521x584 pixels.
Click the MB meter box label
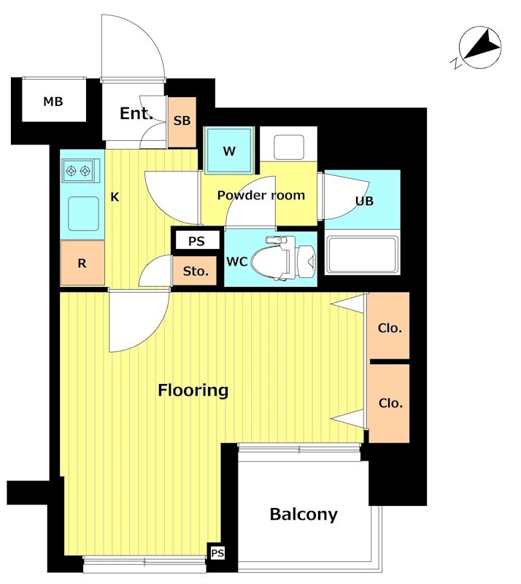53,101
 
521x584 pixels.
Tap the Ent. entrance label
136,114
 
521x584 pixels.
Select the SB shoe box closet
182,122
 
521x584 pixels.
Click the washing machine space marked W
229,150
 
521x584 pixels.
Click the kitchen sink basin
83,214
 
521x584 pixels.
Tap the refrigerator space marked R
82,263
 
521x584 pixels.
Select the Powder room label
261,195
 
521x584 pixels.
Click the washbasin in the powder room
289,147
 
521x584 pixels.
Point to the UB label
364,201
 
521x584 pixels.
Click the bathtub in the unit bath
362,255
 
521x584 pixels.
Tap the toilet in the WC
283,258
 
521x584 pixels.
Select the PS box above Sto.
196,241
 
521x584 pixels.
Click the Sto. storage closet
195,271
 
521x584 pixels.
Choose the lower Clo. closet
389,404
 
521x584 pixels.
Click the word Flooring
193,391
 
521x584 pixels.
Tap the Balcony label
304,515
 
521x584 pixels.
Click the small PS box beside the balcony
217,553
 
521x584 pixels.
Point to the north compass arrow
482,46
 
